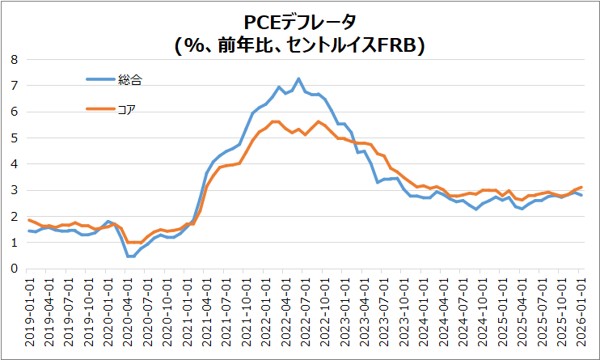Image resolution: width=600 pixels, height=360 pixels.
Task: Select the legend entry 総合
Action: tap(130, 78)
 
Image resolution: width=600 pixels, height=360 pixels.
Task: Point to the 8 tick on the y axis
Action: tap(13, 59)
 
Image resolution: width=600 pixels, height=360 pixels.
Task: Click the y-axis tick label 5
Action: tap(13, 138)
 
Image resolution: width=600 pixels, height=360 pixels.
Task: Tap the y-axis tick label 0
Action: tap(13, 269)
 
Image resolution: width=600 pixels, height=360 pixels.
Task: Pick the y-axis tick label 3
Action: tap(13, 190)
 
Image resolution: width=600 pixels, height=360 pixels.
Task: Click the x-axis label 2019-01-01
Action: tap(30, 312)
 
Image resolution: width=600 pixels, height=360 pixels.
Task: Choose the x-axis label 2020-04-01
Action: tap(129, 312)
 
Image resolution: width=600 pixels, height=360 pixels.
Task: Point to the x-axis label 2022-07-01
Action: tap(306, 312)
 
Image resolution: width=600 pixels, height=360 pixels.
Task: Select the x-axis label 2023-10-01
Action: tap(404, 312)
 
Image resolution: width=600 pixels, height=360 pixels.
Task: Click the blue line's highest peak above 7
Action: tap(298, 78)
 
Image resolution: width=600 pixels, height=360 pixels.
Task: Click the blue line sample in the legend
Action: tap(100, 78)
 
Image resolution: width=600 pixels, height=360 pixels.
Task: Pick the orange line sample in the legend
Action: tap(100, 109)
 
